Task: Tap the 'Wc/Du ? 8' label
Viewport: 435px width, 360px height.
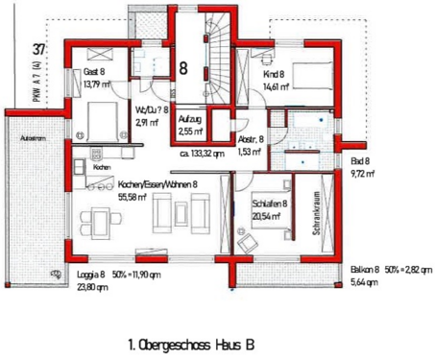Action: point(153,110)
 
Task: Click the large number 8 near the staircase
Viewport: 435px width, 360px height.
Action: point(183,68)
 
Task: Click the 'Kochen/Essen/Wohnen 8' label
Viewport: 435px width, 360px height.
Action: point(158,183)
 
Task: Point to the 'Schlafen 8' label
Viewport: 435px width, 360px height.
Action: point(270,204)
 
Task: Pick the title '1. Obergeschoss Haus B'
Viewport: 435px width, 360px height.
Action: point(191,342)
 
